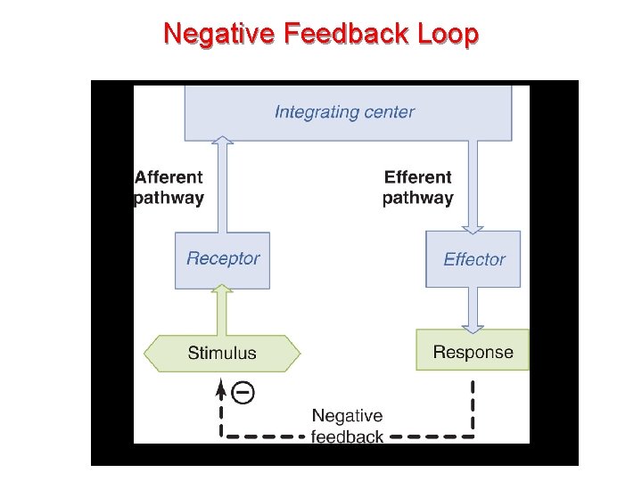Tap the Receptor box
[x=222, y=259]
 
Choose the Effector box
[x=473, y=259]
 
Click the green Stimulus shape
[x=222, y=353]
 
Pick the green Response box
[x=473, y=351]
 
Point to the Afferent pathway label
[x=169, y=188]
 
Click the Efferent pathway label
[x=417, y=188]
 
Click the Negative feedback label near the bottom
[x=347, y=426]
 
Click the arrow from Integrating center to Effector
[x=473, y=187]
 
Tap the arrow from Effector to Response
[x=473, y=309]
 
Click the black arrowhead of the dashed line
[x=221, y=386]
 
